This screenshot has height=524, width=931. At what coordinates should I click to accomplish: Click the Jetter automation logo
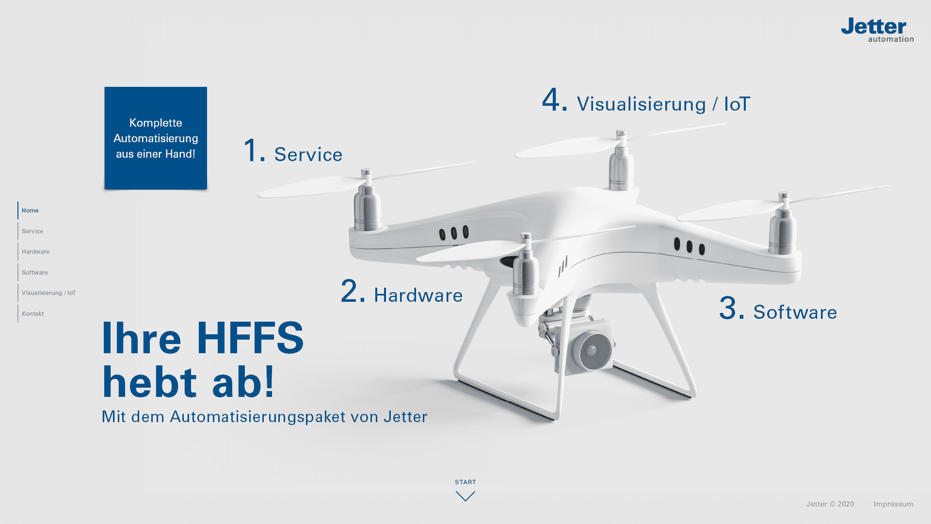coord(877,30)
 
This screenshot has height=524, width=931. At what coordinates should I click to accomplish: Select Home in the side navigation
coord(30,211)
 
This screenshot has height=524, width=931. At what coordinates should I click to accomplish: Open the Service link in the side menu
coord(32,231)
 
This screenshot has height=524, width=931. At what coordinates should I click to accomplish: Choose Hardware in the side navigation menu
coord(35,252)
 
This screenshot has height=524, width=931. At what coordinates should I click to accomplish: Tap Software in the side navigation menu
coord(35,273)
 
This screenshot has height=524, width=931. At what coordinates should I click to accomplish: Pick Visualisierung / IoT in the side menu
coord(48,293)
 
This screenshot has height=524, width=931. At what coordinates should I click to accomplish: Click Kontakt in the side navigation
coord(33,314)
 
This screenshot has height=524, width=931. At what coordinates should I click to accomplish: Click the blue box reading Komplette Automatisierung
coord(156,138)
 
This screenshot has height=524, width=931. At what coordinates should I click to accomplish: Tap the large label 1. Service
coord(293,151)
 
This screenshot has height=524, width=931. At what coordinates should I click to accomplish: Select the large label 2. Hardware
coord(401,292)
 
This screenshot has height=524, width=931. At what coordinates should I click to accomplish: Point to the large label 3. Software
coord(778,309)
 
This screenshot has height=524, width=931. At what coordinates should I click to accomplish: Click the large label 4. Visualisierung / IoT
coord(646,100)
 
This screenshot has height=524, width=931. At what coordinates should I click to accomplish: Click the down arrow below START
coord(465,496)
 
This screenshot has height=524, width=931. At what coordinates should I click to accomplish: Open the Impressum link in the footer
coord(893,504)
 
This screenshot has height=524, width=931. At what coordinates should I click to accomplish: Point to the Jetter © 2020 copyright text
coord(830,504)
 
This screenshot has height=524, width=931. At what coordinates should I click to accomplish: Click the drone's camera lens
coord(591,350)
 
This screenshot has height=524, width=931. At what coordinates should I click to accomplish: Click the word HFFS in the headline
coord(250,338)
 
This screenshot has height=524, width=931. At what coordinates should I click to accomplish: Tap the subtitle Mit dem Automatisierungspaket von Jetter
coord(264,417)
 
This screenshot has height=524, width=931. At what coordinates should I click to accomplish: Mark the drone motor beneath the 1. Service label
coord(367,204)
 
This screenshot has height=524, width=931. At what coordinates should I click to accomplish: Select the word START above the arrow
coord(465,482)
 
